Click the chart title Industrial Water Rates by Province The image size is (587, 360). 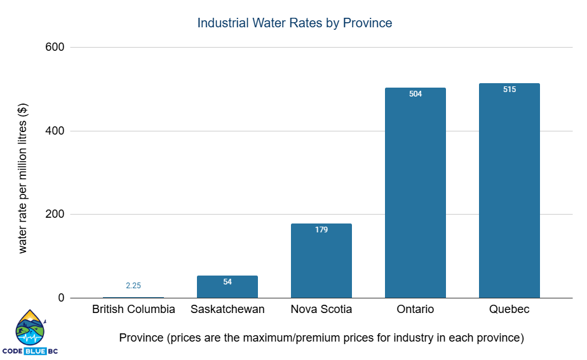point(295,23)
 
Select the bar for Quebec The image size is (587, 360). point(509,190)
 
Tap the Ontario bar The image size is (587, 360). point(415,193)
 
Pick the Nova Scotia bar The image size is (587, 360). point(321,261)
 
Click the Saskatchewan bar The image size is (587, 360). point(227,287)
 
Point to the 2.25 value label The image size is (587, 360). point(133,286)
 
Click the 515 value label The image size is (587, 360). point(509,90)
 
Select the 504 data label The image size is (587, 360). point(415,94)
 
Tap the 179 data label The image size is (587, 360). point(321,229)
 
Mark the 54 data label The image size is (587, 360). point(227,281)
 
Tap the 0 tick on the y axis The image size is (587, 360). point(61,298)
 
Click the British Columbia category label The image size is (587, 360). point(133,310)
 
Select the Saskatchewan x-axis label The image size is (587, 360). point(227,310)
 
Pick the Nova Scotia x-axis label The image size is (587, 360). point(321,310)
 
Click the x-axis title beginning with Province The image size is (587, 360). point(321,338)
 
